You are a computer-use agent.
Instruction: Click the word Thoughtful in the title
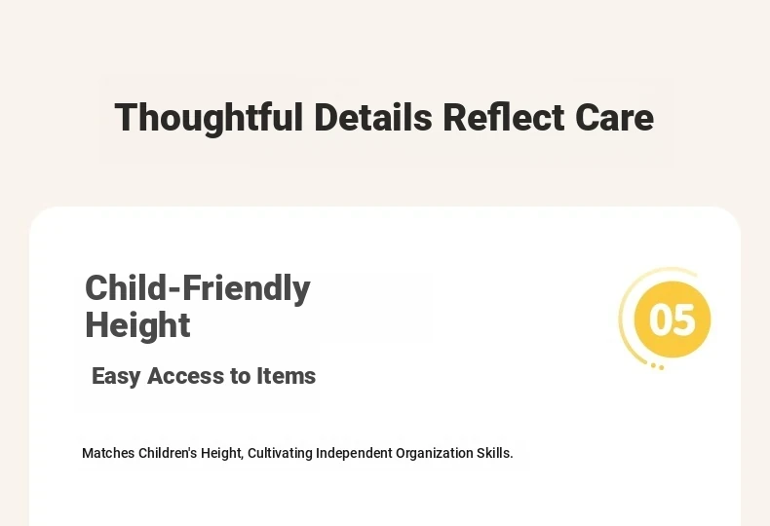(x=209, y=118)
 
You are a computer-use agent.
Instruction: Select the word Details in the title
(x=373, y=117)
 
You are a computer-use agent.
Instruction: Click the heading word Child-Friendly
(x=198, y=288)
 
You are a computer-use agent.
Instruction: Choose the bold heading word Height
(x=137, y=324)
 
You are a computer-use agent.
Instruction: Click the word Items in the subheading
(x=286, y=376)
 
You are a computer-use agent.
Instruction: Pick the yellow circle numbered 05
(x=673, y=319)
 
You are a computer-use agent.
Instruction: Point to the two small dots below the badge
(x=658, y=366)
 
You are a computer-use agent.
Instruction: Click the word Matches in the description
(x=108, y=453)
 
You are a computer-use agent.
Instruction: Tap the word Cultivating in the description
(x=280, y=453)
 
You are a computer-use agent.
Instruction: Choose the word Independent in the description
(x=354, y=453)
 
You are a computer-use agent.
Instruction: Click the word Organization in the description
(x=435, y=453)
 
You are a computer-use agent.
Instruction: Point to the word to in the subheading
(x=240, y=376)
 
